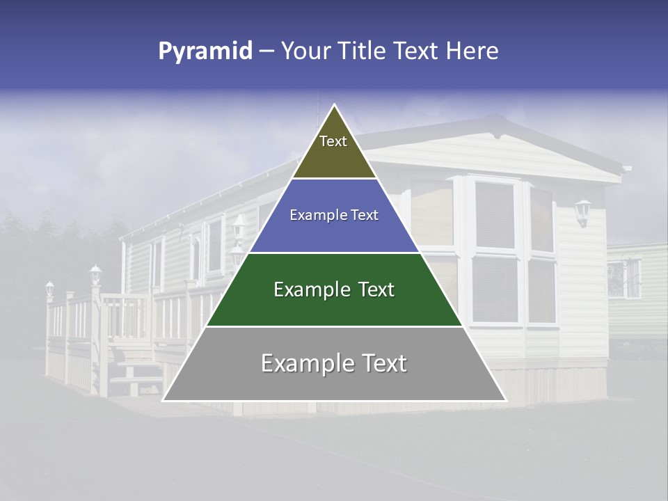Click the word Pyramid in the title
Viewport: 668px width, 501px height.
pyautogui.click(x=205, y=51)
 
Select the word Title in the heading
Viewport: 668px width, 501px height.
pyautogui.click(x=361, y=51)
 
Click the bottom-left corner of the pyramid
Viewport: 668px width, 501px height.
pyautogui.click(x=164, y=400)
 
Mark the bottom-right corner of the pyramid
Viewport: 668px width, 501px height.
pyautogui.click(x=505, y=400)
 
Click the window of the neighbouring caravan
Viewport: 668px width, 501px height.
pyautogui.click(x=624, y=278)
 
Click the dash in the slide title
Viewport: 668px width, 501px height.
pyautogui.click(x=267, y=51)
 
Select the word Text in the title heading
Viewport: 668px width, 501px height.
pyautogui.click(x=417, y=51)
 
